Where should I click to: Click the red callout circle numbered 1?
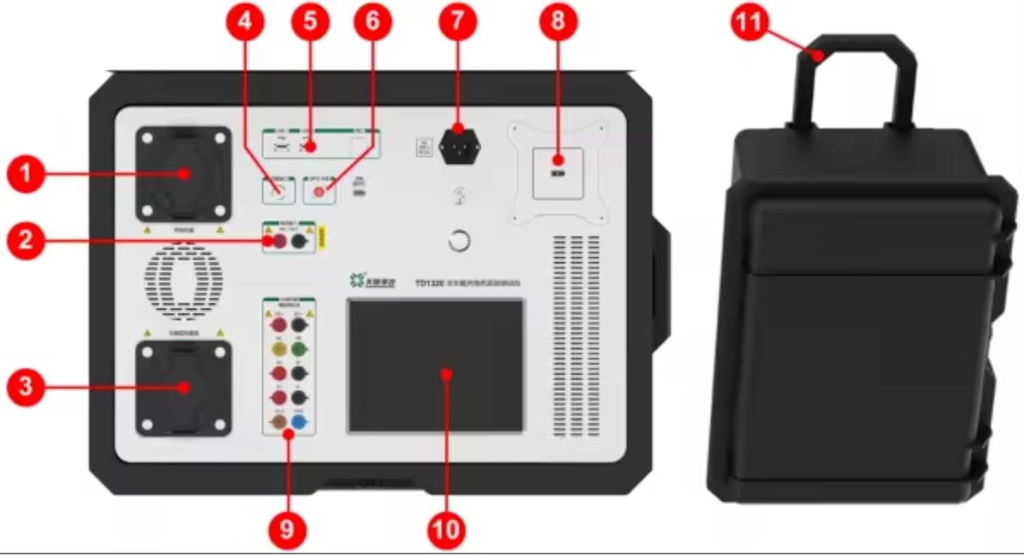pyautogui.click(x=25, y=173)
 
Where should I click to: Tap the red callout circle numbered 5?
pyautogui.click(x=310, y=21)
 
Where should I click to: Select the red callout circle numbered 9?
pyautogui.click(x=287, y=529)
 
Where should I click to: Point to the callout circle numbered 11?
pyautogui.click(x=748, y=23)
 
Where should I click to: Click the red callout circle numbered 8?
pyautogui.click(x=557, y=21)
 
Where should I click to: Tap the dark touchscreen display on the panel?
pyautogui.click(x=436, y=366)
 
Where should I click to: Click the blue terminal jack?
pyautogui.click(x=299, y=423)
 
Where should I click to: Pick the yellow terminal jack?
pyautogui.click(x=279, y=350)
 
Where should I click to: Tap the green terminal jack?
pyautogui.click(x=299, y=350)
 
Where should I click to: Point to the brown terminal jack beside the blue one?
pyautogui.click(x=279, y=423)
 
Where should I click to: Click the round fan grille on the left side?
pyautogui.click(x=183, y=280)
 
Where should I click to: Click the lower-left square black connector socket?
pyautogui.click(x=183, y=387)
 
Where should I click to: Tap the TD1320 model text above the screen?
pyautogui.click(x=430, y=282)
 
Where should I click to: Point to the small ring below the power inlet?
pyautogui.click(x=459, y=241)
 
